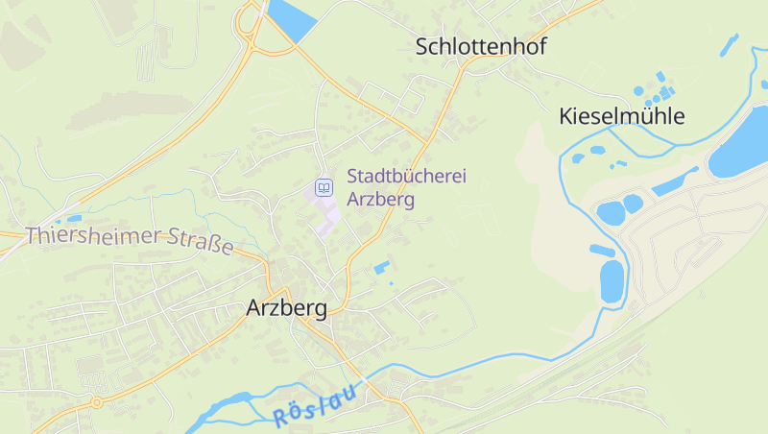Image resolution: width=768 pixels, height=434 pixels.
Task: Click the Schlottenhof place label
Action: pos(481,46)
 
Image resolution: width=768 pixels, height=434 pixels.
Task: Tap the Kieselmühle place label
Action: pos(622,117)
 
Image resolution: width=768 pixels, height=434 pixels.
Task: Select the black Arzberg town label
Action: pos(286,308)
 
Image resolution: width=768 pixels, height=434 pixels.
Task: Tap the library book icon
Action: pos(324,186)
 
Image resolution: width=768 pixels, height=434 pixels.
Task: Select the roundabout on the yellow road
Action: pos(95,402)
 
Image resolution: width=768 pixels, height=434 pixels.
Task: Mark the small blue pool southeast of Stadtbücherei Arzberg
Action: pos(381,267)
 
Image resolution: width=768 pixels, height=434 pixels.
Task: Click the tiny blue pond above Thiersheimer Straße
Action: pos(73,218)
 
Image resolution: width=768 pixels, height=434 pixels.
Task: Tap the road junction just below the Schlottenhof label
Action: pos(464,68)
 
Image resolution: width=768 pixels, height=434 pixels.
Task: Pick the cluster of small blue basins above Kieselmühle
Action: pos(657,87)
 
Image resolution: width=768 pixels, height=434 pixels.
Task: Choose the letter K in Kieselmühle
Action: pos(566,117)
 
